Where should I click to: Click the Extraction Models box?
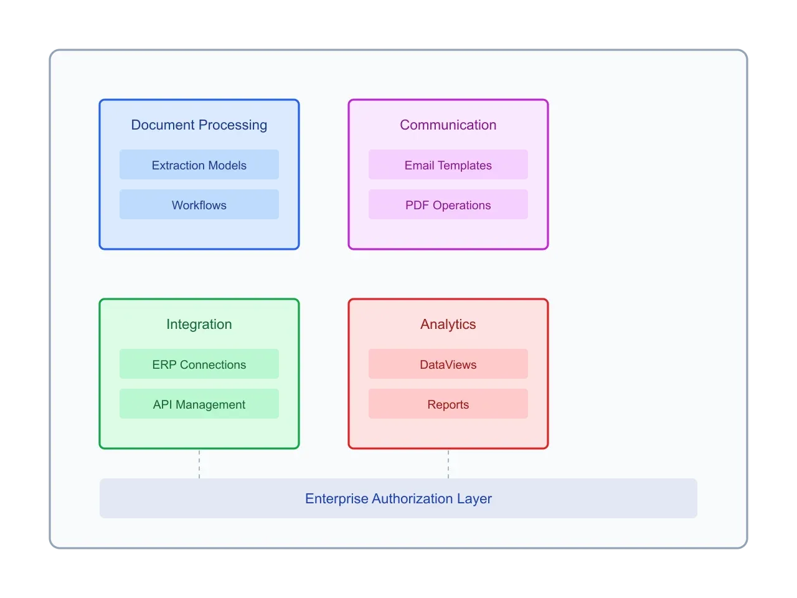point(199,165)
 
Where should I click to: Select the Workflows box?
point(199,205)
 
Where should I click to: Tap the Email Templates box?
point(448,165)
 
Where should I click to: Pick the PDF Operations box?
point(448,205)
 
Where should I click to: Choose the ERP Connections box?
point(199,364)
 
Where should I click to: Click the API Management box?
point(199,404)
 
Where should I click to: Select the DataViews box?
point(448,364)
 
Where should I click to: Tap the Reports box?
point(448,404)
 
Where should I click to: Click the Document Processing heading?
point(199,125)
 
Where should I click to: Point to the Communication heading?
point(448,125)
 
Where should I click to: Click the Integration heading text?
point(199,324)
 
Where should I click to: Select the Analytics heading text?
point(448,324)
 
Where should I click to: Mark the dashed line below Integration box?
point(199,463)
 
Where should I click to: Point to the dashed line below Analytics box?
point(448,463)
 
